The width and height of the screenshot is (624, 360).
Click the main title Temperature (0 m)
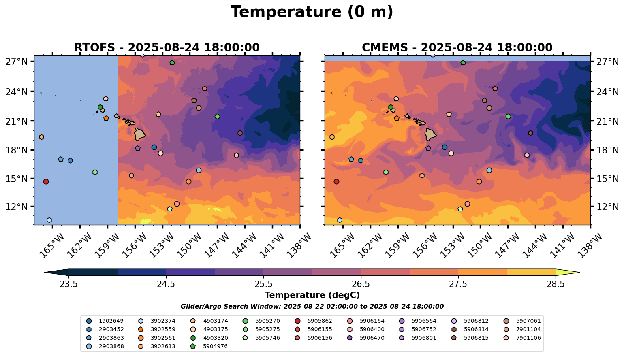click(312, 12)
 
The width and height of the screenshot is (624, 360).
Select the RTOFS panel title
click(167, 48)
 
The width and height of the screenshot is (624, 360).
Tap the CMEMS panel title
click(457, 48)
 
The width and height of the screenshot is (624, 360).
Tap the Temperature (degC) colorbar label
click(312, 295)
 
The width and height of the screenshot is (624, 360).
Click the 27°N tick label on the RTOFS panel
click(17, 62)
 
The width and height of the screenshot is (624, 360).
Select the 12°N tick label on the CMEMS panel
click(607, 207)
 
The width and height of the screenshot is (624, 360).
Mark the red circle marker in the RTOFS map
click(46, 181)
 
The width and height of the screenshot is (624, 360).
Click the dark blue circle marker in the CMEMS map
click(444, 147)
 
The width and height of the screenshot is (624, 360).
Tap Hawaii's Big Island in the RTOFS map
click(140, 134)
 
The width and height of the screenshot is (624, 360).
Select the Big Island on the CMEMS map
click(430, 134)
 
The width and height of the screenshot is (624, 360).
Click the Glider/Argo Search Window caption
click(312, 307)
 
